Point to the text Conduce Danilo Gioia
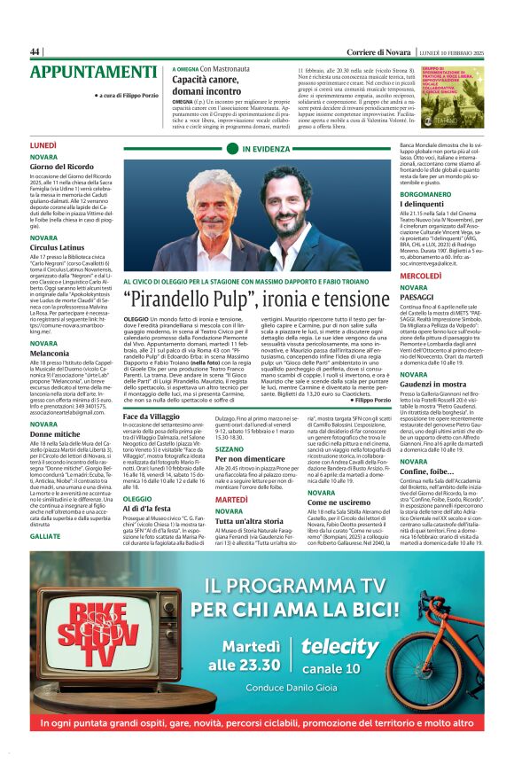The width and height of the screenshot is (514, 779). click(276, 686)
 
